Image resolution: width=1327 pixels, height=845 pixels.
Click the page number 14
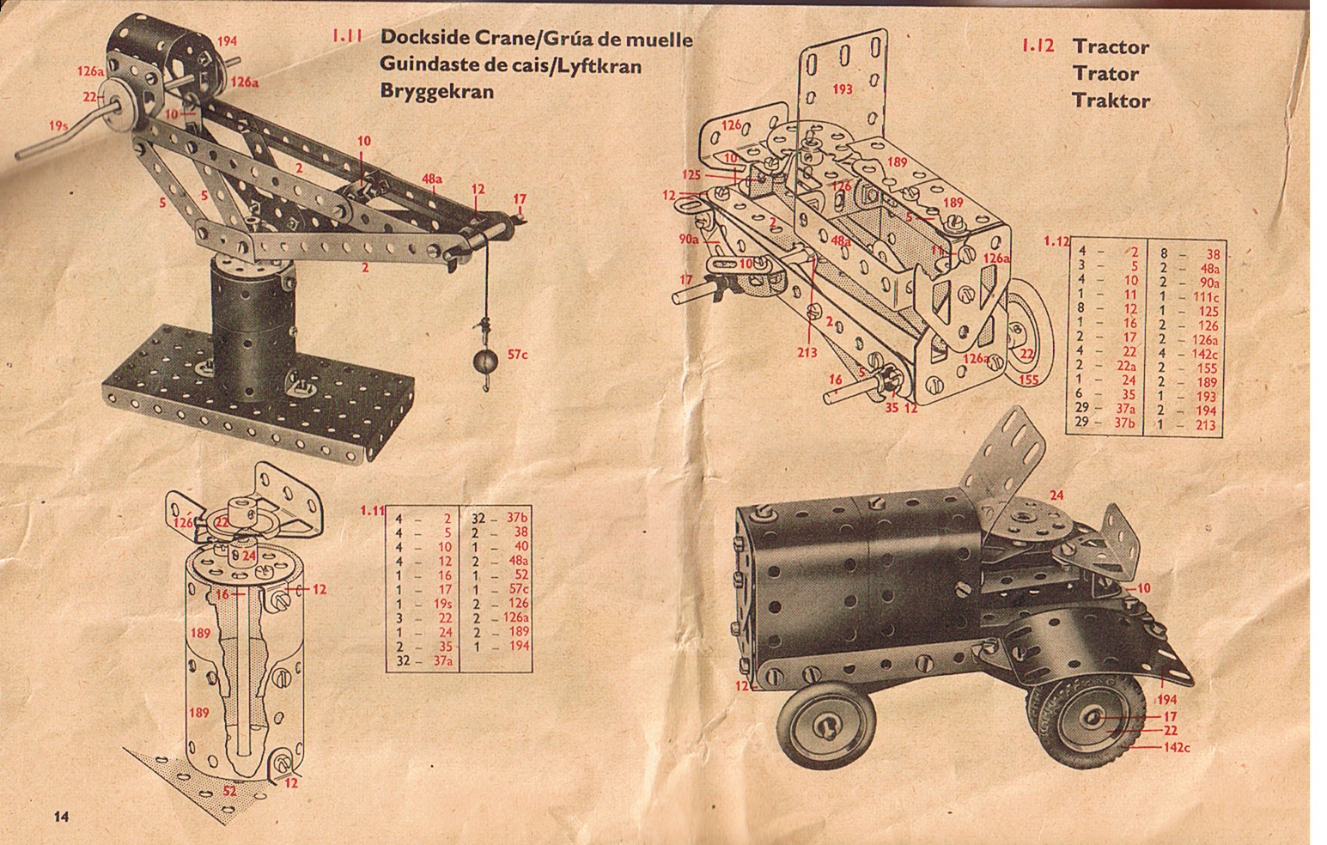point(62,817)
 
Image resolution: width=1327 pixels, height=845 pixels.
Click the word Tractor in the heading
point(1111,46)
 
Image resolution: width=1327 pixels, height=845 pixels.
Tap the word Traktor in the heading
point(1111,100)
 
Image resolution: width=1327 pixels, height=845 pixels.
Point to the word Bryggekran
point(437,92)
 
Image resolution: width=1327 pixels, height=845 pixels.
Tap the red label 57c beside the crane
point(517,355)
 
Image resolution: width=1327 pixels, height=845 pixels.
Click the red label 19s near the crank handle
point(58,125)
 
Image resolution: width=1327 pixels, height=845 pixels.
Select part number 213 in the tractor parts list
point(1205,424)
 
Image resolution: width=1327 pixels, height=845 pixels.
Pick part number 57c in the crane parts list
point(518,589)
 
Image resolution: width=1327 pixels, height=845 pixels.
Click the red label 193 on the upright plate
point(842,88)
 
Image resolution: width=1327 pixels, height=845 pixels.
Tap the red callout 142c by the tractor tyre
point(1177,747)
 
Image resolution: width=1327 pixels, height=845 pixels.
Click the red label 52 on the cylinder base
point(229,791)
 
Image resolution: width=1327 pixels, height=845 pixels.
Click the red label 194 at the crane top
point(227,41)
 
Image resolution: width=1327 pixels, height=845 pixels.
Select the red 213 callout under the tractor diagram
point(807,352)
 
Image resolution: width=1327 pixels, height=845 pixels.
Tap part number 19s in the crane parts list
point(442,604)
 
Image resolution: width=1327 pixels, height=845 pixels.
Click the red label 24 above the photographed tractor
point(1056,495)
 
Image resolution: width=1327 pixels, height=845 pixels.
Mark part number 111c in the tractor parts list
point(1206,296)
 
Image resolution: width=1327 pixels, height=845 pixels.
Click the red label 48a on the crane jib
point(432,179)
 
